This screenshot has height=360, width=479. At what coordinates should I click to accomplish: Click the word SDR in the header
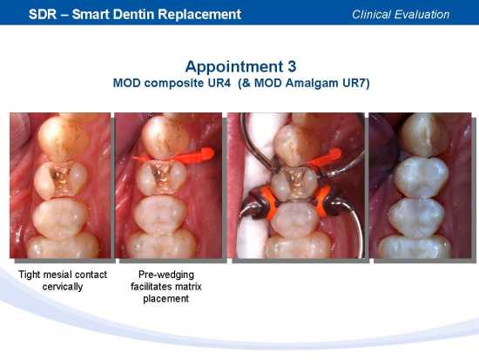point(43,14)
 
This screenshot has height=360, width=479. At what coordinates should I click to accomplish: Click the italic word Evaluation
point(422,14)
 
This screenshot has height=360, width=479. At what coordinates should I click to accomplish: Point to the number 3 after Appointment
point(292,66)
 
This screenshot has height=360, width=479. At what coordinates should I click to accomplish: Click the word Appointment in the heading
point(233,66)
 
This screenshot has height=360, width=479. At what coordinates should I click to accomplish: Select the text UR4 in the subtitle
point(219,83)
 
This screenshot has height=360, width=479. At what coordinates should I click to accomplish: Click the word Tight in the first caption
point(30,275)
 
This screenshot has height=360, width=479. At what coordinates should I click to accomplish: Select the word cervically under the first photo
point(63,287)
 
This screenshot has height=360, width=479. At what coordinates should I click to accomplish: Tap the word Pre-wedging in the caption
point(166,275)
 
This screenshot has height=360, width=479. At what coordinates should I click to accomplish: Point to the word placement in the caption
point(165,299)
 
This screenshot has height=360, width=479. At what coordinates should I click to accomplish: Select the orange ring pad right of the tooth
point(322,200)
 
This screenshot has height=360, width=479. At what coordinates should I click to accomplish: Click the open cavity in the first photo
point(63,179)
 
